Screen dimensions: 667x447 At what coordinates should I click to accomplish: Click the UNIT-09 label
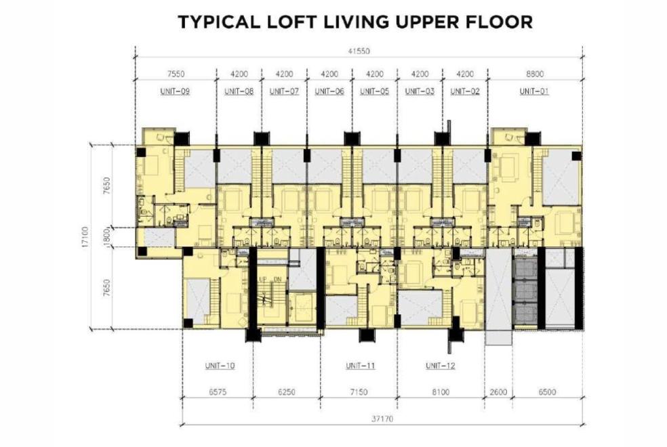175,91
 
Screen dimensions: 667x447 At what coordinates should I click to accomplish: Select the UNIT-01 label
534,91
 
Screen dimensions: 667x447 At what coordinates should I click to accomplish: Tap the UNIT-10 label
220,366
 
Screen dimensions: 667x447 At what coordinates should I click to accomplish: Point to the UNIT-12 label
441,366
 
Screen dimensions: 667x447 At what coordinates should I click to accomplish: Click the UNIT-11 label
361,366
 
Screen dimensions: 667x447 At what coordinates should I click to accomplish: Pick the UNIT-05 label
374,91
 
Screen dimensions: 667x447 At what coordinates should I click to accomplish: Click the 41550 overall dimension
359,51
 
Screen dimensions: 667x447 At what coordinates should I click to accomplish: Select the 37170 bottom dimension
382,419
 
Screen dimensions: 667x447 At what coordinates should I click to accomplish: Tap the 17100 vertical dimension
85,236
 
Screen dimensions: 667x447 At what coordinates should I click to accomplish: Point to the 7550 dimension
176,74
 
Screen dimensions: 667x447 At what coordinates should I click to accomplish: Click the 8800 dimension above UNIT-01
535,74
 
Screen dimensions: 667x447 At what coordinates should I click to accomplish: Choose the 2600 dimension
498,391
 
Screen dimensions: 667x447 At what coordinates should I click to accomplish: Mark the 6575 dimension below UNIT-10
218,391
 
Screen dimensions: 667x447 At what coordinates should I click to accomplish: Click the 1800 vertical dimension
107,236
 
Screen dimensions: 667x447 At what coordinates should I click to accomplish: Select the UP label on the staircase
263,279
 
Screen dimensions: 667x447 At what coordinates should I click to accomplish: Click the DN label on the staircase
277,279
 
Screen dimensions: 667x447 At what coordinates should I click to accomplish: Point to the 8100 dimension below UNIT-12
441,391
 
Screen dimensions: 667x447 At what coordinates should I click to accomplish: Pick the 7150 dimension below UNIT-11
359,391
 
